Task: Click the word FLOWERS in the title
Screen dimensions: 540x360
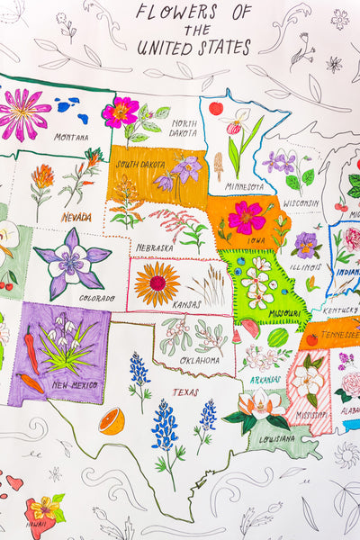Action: point(175,13)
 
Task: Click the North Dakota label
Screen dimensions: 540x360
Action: point(184,128)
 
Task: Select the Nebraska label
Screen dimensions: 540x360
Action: point(156,247)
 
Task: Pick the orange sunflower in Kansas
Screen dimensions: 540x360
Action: point(157,283)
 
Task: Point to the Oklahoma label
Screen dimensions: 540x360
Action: point(199,360)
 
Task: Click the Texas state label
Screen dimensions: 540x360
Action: point(185,391)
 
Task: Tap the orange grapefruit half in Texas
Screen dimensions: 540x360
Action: point(112,420)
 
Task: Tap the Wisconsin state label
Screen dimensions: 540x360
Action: point(301,203)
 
